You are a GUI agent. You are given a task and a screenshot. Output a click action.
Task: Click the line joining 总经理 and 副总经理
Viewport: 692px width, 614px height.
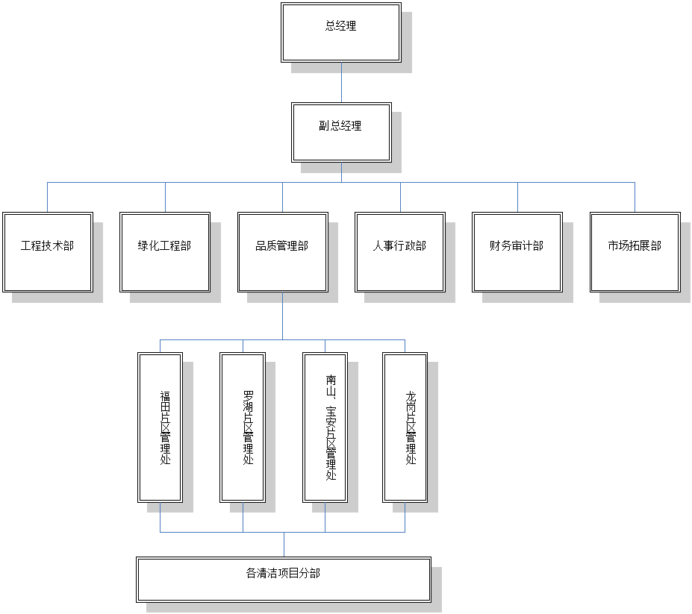[x=341, y=82]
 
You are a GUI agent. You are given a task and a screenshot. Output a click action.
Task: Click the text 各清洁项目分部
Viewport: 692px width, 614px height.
[x=283, y=573]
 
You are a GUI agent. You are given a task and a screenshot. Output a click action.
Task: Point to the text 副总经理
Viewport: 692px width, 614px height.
[x=340, y=126]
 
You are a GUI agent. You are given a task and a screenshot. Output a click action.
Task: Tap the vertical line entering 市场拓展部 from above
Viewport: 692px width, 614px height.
[x=635, y=198]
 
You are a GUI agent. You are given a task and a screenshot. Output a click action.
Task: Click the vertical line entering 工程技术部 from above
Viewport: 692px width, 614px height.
[x=48, y=198]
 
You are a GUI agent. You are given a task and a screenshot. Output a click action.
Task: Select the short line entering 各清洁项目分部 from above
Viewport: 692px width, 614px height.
[x=284, y=545]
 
